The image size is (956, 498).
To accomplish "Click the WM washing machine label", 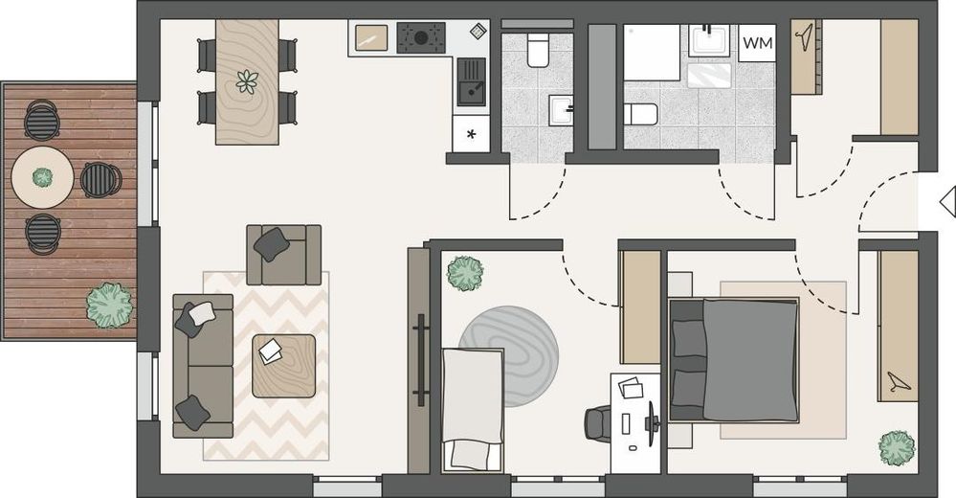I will pyautogui.click(x=757, y=43).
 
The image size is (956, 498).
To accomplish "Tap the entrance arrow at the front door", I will pyautogui.click(x=946, y=201).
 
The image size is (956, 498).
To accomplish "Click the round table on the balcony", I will pyautogui.click(x=42, y=177).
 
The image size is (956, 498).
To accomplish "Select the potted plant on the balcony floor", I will pyautogui.click(x=108, y=305).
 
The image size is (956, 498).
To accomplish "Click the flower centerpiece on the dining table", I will pyautogui.click(x=247, y=81).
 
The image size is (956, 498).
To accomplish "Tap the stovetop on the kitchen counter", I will pyautogui.click(x=421, y=38).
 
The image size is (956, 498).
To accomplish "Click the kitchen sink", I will pyautogui.click(x=471, y=80).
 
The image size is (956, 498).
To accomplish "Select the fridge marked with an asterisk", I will pyautogui.click(x=471, y=134).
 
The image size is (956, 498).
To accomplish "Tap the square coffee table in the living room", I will pyautogui.click(x=283, y=365).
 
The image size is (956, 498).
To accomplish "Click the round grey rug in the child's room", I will pyautogui.click(x=508, y=343).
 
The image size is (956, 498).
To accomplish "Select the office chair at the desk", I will pyautogui.click(x=599, y=422).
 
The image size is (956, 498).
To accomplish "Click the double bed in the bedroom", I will pyautogui.click(x=735, y=359).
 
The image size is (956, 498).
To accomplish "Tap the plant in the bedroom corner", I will pyautogui.click(x=897, y=447).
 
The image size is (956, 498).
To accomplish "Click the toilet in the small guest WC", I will pyautogui.click(x=537, y=50).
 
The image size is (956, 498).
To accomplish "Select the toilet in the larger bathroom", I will pyautogui.click(x=641, y=115).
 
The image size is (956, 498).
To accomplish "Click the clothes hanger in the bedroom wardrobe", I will pyautogui.click(x=898, y=382).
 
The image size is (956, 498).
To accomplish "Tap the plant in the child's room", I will pyautogui.click(x=465, y=273).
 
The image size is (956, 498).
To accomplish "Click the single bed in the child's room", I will pyautogui.click(x=473, y=407).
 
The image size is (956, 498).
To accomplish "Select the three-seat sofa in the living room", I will pyautogui.click(x=203, y=365).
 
